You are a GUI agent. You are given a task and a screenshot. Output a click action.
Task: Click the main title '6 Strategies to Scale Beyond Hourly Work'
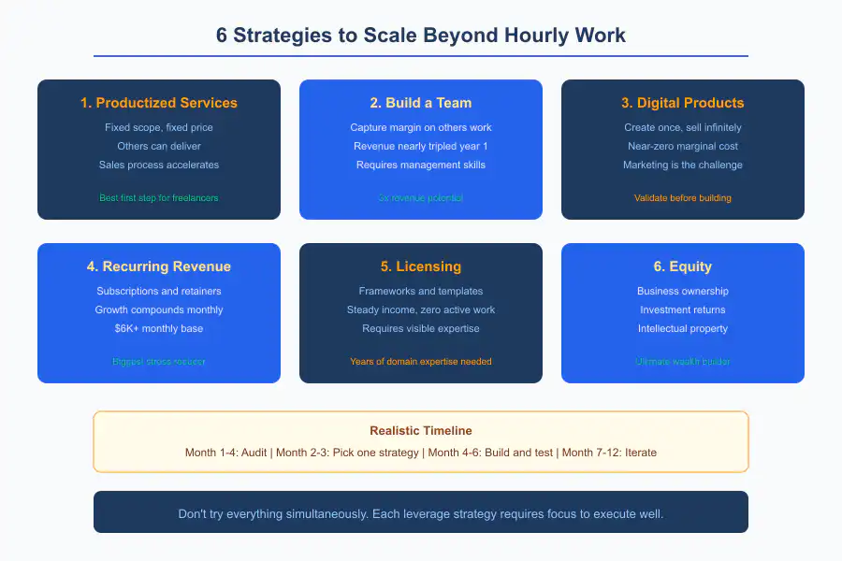[420, 36]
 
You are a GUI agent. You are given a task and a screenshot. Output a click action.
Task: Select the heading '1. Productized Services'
[159, 103]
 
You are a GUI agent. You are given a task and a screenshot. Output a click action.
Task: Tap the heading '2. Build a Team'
[420, 103]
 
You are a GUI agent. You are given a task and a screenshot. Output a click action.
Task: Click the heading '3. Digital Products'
[682, 103]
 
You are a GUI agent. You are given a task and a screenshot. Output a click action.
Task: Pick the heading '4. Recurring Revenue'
[159, 266]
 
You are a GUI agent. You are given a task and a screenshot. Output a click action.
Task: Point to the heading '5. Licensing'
[420, 266]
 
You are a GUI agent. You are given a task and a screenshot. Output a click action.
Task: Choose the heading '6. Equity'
[682, 266]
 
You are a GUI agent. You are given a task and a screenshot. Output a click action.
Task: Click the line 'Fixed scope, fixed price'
[159, 127]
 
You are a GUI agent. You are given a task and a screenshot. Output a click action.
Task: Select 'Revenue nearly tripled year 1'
[420, 146]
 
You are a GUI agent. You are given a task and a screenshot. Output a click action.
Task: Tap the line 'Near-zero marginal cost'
[682, 146]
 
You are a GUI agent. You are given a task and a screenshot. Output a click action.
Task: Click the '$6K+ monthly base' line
[159, 328]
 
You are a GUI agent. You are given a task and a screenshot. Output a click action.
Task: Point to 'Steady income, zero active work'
[420, 309]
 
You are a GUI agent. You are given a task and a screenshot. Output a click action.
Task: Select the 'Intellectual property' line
[682, 328]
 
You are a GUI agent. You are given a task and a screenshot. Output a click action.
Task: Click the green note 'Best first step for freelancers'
[159, 197]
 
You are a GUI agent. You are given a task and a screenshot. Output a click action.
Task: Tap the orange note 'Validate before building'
[682, 197]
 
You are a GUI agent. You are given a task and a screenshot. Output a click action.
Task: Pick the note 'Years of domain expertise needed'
[420, 361]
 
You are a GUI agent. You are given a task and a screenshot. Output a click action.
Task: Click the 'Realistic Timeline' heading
[420, 431]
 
